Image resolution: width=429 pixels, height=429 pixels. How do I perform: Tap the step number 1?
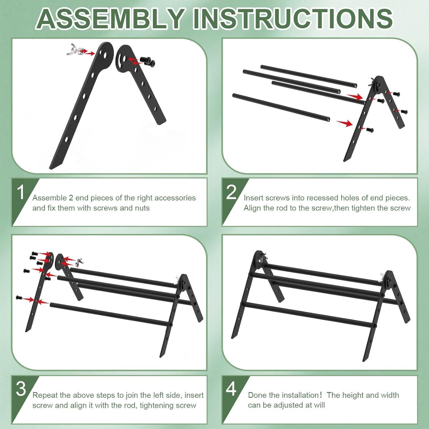coord(21,192)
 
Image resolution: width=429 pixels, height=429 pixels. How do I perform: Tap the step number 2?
coord(231,192)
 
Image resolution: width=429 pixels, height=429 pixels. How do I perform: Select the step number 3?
coord(21,389)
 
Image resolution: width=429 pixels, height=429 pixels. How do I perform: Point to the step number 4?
coord(231,389)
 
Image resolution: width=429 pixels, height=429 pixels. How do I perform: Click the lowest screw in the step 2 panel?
coord(370,130)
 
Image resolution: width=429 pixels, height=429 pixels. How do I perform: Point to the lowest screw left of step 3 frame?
coord(19,298)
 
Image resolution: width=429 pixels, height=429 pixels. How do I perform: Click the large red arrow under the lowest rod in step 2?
coord(344,123)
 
